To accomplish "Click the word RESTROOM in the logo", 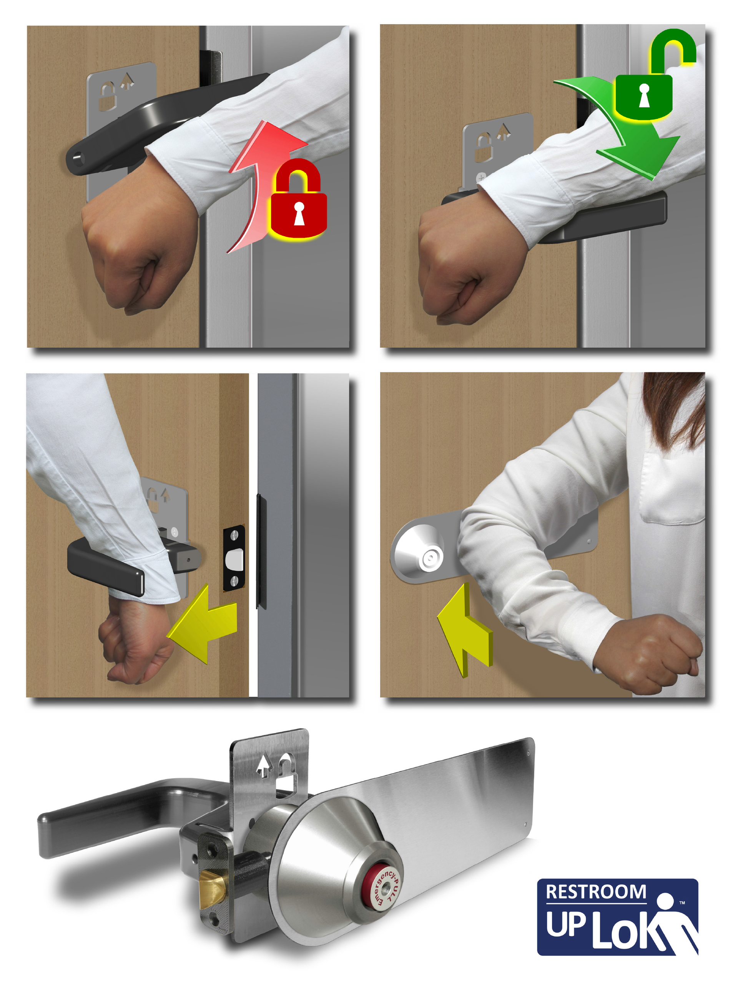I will [x=596, y=892].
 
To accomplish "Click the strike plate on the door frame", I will [x=261, y=552].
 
